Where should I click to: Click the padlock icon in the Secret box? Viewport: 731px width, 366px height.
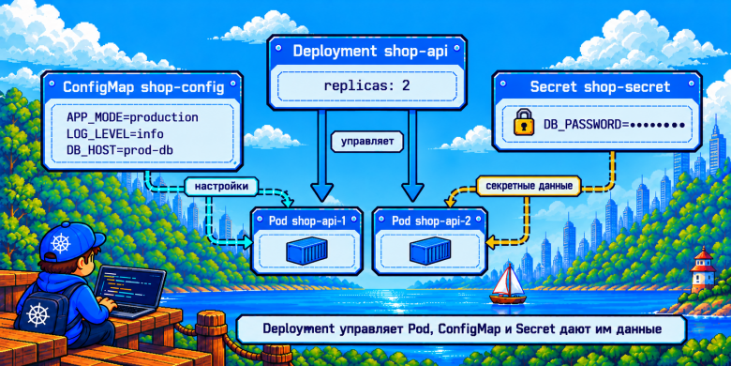coord(524,122)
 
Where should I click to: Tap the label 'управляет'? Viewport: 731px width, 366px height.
coord(366,142)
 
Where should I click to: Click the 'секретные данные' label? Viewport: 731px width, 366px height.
coord(529,185)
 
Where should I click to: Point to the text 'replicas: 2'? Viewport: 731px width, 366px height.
coord(366,86)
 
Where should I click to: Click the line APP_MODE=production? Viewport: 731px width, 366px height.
coord(133,116)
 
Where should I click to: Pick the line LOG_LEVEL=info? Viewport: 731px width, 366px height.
coord(115,134)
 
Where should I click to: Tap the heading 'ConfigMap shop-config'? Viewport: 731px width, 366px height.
coord(142,87)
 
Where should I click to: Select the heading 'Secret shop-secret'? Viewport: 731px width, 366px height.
coord(600,86)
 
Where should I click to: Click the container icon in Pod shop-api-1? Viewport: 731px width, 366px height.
coord(307,251)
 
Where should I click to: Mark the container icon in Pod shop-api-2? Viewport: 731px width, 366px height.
coord(430,251)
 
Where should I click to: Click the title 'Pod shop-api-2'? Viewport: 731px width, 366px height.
coord(430,221)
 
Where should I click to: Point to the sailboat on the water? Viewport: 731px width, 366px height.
coord(508,284)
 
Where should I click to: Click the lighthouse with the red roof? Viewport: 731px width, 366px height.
coord(703,270)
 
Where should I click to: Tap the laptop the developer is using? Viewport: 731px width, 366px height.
coord(129,290)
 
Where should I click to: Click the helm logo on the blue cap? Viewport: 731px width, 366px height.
coord(60,243)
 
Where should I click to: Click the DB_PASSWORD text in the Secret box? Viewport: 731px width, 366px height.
coord(614,125)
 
